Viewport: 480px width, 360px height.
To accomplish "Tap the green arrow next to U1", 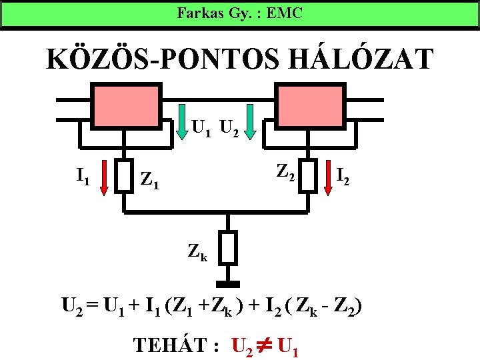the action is pyautogui.click(x=181, y=123).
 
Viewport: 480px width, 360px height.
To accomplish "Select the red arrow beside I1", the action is pyautogui.click(x=104, y=180).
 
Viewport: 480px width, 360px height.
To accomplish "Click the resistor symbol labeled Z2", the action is pyautogui.click(x=309, y=175).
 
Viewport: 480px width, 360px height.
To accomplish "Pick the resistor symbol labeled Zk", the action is pyautogui.click(x=229, y=248).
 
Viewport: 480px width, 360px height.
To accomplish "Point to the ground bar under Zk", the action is pyautogui.click(x=229, y=283).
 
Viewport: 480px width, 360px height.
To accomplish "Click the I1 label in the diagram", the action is pyautogui.click(x=83, y=177).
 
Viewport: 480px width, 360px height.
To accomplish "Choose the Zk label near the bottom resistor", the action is pyautogui.click(x=198, y=253).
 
